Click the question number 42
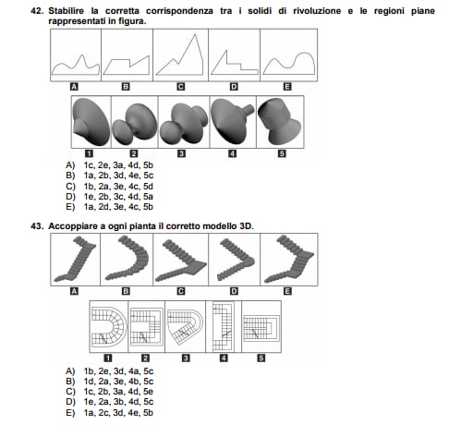click(37, 11)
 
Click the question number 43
click(37, 226)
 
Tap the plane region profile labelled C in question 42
click(179, 55)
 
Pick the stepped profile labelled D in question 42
click(234, 63)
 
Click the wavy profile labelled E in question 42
click(289, 64)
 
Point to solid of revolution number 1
click(91, 122)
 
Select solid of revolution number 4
click(232, 121)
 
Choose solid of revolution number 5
click(280, 121)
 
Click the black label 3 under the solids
click(182, 153)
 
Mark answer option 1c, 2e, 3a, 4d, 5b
click(118, 165)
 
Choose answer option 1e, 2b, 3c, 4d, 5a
click(118, 197)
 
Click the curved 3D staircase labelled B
click(127, 258)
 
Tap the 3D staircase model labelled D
click(236, 260)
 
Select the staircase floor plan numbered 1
click(109, 326)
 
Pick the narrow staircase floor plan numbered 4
click(224, 326)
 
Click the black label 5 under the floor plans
click(261, 358)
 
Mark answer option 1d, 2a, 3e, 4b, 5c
click(118, 382)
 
